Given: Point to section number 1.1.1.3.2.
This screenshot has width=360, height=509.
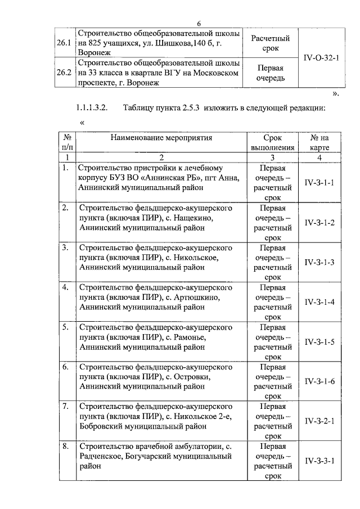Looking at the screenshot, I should coord(94,107).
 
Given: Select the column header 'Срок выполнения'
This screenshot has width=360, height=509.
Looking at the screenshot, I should coord(272,142).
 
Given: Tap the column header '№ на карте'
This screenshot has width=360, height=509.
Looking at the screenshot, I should coord(319,142).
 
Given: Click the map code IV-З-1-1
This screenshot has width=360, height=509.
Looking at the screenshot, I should coord(319,183).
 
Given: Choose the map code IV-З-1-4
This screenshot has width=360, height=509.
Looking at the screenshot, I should coord(319,302).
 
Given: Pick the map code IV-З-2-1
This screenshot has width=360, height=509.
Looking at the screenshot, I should coord(319,421).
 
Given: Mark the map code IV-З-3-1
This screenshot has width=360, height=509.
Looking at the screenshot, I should coord(319,461).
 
